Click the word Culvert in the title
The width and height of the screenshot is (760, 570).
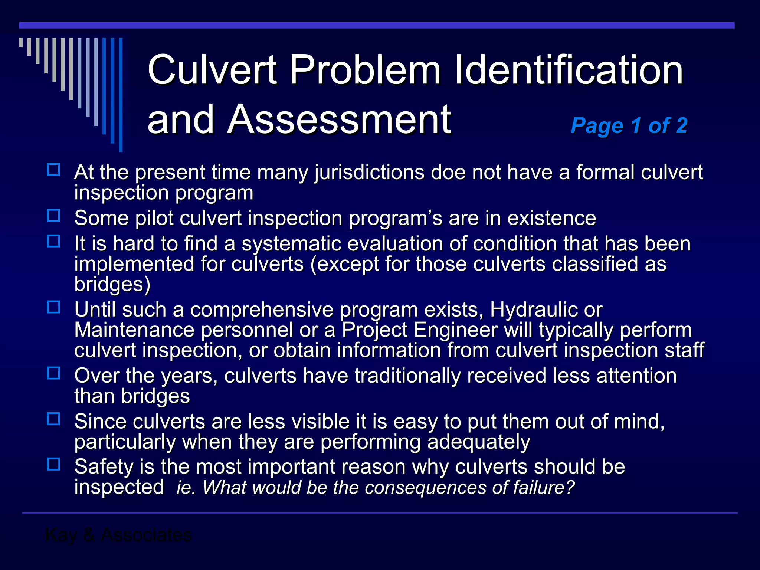[x=212, y=70]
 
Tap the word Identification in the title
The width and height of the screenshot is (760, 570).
[x=569, y=70]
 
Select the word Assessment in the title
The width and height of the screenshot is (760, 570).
[x=339, y=119]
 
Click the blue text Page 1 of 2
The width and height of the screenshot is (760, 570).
[x=629, y=125]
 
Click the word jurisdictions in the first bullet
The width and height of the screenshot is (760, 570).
[x=369, y=173]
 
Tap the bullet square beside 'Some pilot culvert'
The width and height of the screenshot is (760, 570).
[x=54, y=216]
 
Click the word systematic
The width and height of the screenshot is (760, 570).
[x=291, y=245]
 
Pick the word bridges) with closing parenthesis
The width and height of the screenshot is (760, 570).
[x=112, y=285]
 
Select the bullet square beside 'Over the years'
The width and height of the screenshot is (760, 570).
[x=54, y=373]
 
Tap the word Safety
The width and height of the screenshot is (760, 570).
[x=104, y=467]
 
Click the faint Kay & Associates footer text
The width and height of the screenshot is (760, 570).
[x=118, y=535]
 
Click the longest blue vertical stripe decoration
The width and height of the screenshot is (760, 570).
[x=121, y=95]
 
